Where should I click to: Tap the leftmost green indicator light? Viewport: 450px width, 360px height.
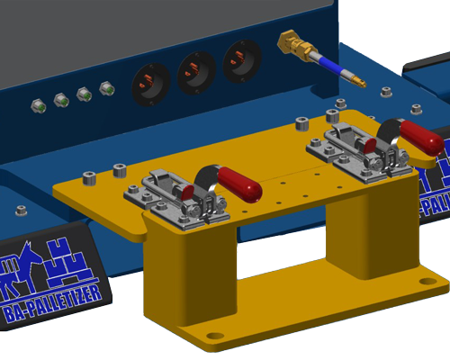[39, 106]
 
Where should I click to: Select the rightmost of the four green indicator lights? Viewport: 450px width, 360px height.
[106, 89]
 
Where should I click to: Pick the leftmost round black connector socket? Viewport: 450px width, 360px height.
[148, 81]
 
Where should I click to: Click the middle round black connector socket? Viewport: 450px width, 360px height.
[195, 70]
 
